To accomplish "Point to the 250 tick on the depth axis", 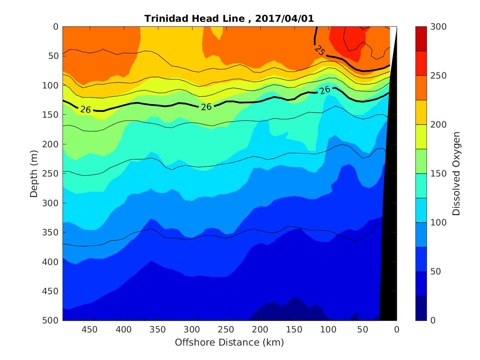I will click(52, 174).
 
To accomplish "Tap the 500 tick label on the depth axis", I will click(52, 321).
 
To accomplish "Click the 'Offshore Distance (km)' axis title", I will click(230, 342).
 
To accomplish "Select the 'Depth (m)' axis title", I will click(34, 174).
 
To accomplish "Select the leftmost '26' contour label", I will click(86, 109).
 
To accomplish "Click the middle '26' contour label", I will click(206, 107).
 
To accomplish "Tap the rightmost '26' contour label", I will click(325, 90).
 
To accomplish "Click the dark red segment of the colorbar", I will click(421, 39).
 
